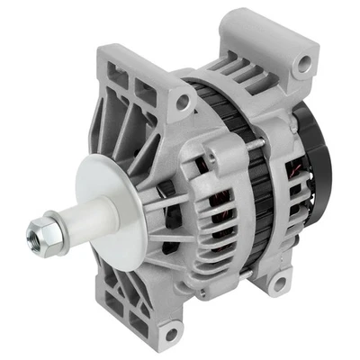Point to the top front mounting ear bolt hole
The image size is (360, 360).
coord(184,103)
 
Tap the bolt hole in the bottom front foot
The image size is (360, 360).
coord(169,335)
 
